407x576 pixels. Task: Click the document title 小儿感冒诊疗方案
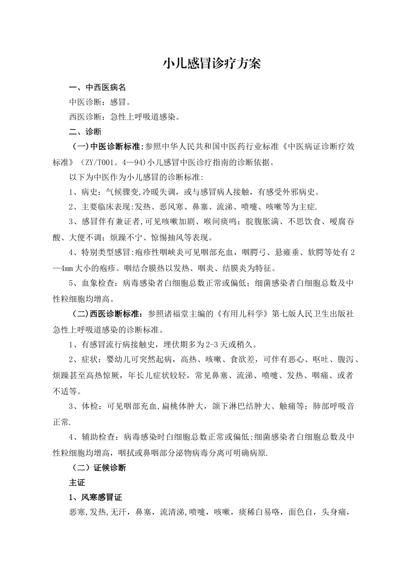pyautogui.click(x=212, y=64)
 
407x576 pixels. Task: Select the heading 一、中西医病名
pyautogui.click(x=98, y=87)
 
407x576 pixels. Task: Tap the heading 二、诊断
pyautogui.click(x=85, y=132)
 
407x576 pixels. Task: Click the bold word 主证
pyautogui.click(x=77, y=483)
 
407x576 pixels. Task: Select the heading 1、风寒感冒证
pyautogui.click(x=96, y=498)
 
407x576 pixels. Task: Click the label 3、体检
pyautogui.click(x=85, y=406)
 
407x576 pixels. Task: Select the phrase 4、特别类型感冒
pyautogui.click(x=101, y=253)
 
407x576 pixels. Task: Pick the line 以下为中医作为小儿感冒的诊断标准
pyautogui.click(x=136, y=177)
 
